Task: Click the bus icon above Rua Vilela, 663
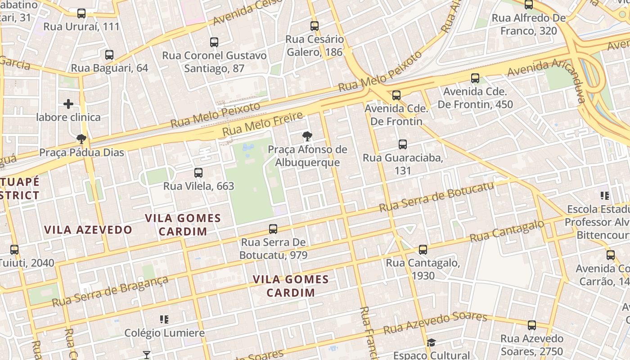pos(198,173)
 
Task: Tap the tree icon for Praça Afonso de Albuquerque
pos(307,136)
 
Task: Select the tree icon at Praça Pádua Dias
pos(81,139)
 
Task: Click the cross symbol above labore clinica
pos(68,104)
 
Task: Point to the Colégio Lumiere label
pos(164,333)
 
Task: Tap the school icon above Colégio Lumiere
pos(164,319)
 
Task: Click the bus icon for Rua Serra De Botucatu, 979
pos(273,229)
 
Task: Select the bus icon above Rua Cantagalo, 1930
pos(423,250)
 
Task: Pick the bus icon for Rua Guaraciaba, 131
pos(403,144)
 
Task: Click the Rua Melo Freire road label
pos(263,125)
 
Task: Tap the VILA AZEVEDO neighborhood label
pos(88,230)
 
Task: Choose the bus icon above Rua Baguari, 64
pos(109,55)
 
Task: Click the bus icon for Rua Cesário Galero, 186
pos(315,26)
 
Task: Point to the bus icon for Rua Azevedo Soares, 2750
pos(532,325)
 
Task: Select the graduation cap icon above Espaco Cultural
pos(431,342)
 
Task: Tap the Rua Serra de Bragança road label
pos(110,291)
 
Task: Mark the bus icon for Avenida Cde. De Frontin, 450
pos(475,78)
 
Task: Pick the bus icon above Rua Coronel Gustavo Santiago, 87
pos(214,42)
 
